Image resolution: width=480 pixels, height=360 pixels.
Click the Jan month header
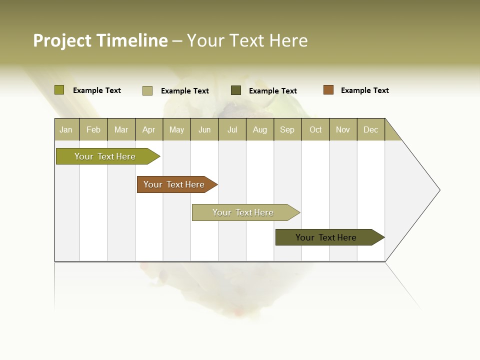[66, 129]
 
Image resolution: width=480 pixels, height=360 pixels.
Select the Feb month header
[93, 129]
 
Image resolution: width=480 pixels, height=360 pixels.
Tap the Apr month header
[148, 129]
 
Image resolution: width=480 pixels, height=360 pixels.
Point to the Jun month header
[204, 129]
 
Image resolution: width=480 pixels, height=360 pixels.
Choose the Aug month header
[259, 129]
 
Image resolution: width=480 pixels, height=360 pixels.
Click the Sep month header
[287, 129]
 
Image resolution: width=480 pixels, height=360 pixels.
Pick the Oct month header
[315, 129]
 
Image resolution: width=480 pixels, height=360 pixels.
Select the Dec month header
[370, 129]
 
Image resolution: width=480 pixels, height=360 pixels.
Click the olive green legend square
[59, 90]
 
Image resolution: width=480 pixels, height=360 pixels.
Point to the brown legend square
[328, 90]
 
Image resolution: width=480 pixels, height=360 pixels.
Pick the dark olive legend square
[236, 90]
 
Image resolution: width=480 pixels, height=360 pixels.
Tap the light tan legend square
[147, 90]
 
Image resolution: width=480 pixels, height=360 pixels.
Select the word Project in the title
[62, 40]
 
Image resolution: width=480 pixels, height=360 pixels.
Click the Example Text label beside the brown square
[364, 90]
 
